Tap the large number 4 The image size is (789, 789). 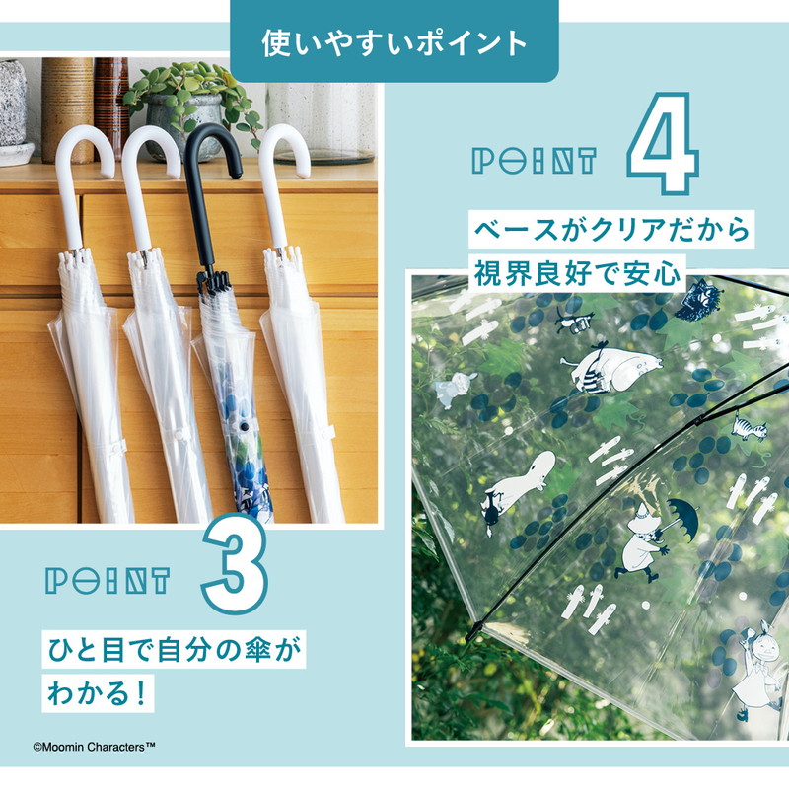pyautogui.click(x=663, y=143)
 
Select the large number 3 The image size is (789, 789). pyautogui.click(x=235, y=563)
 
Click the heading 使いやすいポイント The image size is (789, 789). pyautogui.click(x=394, y=43)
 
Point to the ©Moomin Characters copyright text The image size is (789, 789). pyautogui.click(x=94, y=747)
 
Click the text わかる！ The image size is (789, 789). pyautogui.click(x=98, y=693)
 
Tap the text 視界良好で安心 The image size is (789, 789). pyautogui.click(x=577, y=274)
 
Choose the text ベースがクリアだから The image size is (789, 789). pyautogui.click(x=611, y=230)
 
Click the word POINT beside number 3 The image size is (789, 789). pyautogui.click(x=108, y=581)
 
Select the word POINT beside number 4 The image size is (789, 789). pyautogui.click(x=534, y=161)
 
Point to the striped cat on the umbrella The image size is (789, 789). pyautogui.click(x=749, y=428)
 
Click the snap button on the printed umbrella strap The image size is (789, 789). pyautogui.click(x=245, y=427)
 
